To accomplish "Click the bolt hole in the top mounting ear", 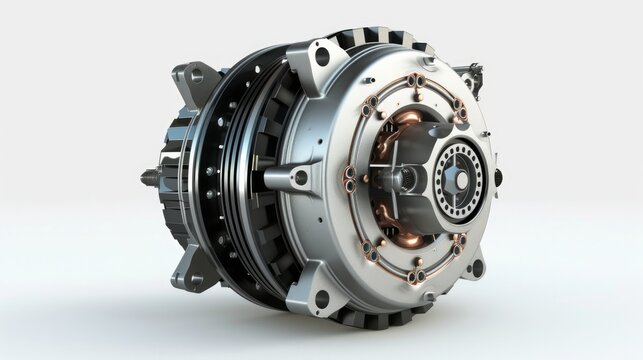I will click(x=321, y=57).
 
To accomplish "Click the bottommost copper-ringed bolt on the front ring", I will click(x=418, y=274).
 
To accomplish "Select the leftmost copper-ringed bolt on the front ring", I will click(x=348, y=178).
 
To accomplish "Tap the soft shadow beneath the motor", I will click(x=330, y=335).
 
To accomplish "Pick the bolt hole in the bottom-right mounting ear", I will click(x=476, y=267).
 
